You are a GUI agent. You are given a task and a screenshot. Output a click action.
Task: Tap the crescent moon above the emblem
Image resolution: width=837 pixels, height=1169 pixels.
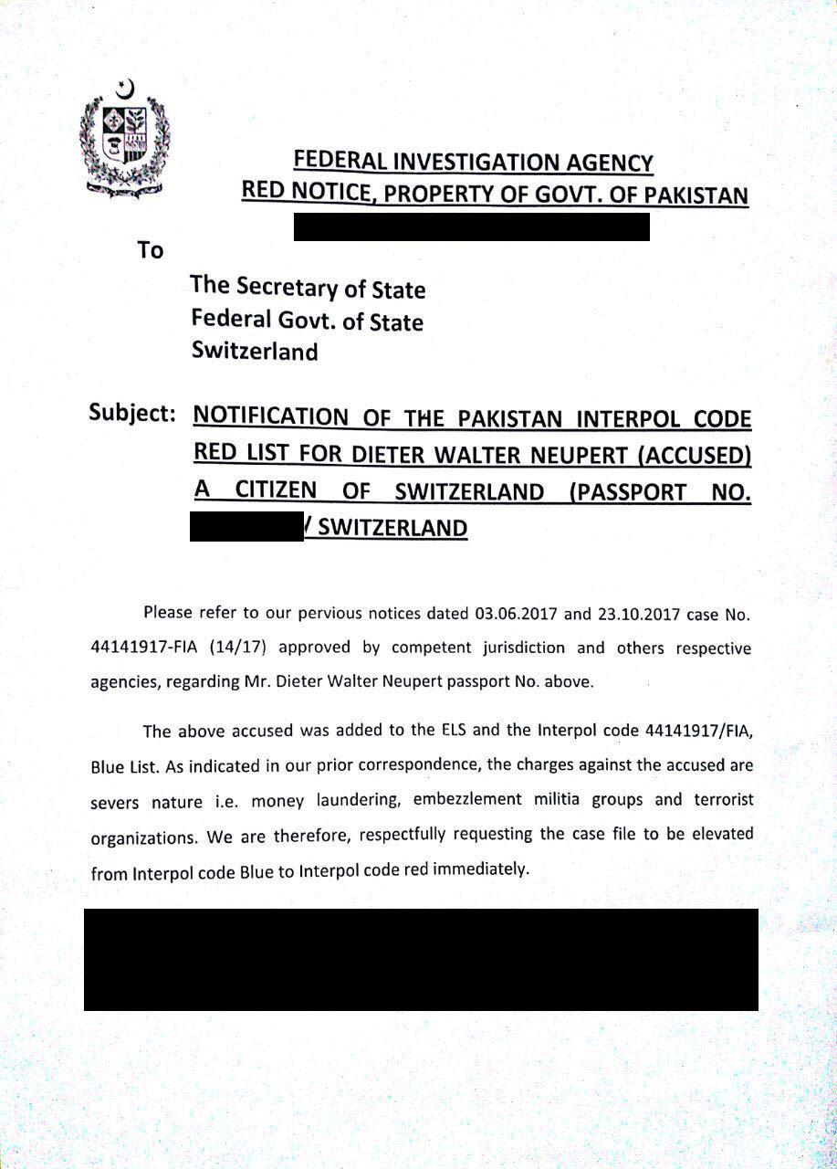point(126,90)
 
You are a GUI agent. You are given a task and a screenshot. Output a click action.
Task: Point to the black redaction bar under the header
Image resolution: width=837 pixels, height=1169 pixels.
point(471,226)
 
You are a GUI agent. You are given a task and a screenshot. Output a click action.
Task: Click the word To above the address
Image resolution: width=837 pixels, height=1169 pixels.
point(150,249)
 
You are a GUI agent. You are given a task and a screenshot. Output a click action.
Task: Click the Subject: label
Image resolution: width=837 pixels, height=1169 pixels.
point(132,412)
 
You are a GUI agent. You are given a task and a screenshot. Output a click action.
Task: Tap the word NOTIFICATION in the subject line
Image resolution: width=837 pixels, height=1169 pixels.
point(271,418)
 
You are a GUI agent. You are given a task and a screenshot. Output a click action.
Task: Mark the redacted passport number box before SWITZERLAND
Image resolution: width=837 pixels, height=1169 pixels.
point(246,528)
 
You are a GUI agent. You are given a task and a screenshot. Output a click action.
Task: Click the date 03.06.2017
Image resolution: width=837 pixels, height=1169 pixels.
point(516,613)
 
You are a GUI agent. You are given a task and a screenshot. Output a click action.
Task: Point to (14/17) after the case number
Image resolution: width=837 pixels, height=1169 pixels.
point(236,648)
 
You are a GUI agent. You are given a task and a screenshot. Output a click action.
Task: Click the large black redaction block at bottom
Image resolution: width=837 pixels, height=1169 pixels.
point(421,959)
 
